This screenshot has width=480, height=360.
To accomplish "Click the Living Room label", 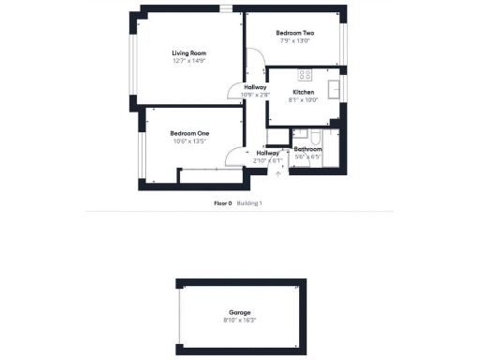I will coord(188,52).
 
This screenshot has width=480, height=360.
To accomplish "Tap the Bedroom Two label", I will coord(294,33).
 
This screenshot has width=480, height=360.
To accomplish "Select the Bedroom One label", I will coord(188,133).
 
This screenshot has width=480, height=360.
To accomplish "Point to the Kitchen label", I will coord(303,92).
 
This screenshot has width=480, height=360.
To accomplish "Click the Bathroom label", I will coord(308,149).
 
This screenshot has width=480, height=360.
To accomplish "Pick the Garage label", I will coord(240,312).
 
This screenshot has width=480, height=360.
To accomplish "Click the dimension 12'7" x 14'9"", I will coord(188,61).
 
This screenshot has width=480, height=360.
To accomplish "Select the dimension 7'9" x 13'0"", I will coord(294,41).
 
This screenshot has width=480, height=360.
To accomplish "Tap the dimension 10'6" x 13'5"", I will coord(188,142).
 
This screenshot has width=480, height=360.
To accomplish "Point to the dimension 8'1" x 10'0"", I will coord(303,100).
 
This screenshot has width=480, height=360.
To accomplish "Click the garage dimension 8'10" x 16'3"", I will coord(240,321).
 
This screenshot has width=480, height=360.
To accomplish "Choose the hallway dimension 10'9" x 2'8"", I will coord(255,95).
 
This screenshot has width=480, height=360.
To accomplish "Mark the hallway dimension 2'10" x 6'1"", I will coord(267,160).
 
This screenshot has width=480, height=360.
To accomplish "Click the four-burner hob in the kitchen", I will coord(304,74).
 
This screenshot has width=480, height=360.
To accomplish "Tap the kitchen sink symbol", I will coord(334,89).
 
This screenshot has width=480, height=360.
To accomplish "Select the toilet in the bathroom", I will coord(316,139).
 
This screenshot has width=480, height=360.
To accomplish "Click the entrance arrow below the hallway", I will coord(277,172).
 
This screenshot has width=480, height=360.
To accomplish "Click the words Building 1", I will coord(249,202).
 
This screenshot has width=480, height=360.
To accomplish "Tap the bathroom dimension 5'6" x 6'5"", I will coord(308,157).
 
